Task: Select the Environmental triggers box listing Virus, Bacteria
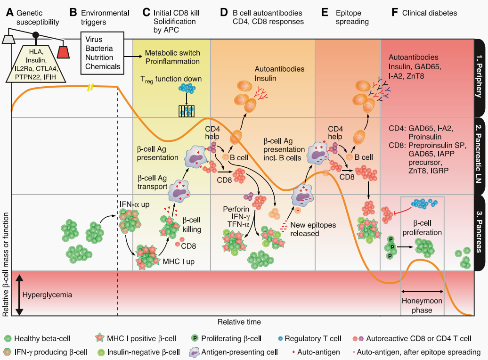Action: click(101, 53)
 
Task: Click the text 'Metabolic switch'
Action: click(171, 53)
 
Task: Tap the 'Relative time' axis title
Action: click(239, 322)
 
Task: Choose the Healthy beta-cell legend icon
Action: click(8, 338)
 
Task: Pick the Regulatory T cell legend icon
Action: click(281, 338)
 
